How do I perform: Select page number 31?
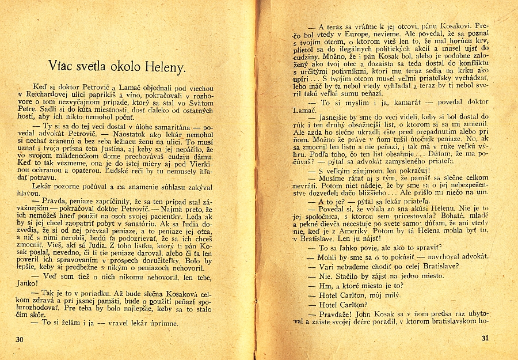click(484, 338)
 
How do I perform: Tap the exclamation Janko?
click(26, 283)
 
